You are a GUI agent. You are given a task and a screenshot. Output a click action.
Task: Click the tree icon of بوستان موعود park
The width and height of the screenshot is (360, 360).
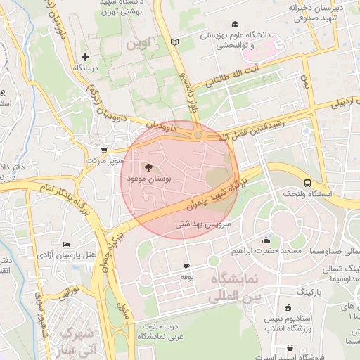pos(148,168)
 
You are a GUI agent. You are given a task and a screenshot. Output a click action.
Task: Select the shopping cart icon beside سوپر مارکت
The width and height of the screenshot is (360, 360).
pos(105,150)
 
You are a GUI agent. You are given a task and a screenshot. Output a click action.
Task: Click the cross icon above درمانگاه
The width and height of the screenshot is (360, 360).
pos(86,57)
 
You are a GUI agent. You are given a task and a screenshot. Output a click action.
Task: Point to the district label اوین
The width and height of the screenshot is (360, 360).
pos(139,44)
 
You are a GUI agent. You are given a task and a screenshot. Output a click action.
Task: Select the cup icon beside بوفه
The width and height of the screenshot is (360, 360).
pos(186,266)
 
